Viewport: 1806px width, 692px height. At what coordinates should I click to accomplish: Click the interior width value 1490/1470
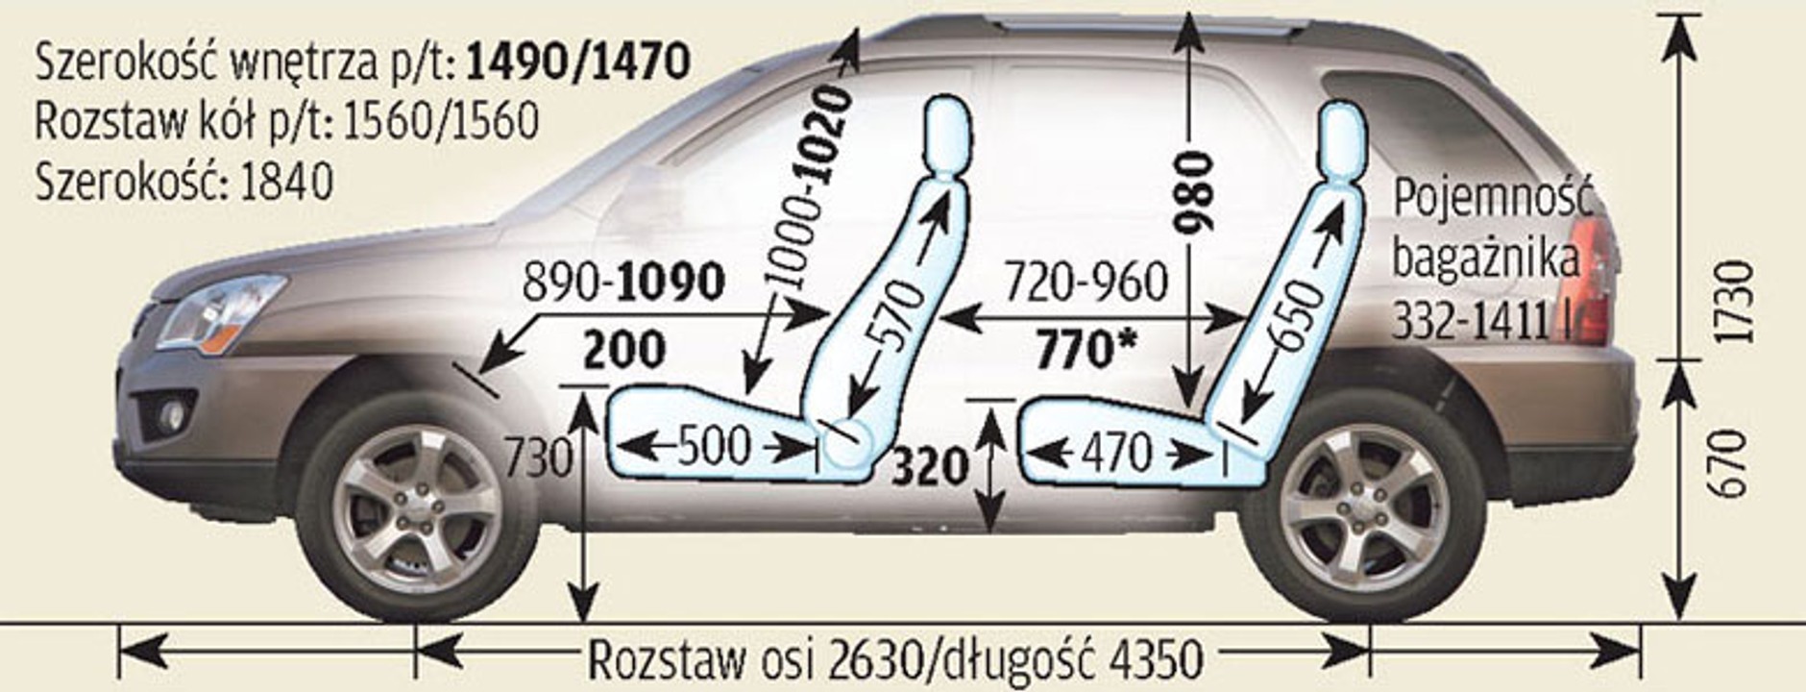(x=578, y=62)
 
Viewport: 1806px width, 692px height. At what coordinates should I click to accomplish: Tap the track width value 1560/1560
(x=440, y=122)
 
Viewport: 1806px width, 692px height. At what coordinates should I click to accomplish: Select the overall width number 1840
(x=287, y=182)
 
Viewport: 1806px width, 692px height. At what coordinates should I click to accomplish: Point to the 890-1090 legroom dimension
(x=623, y=283)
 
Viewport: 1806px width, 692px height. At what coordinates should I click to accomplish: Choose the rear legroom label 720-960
(x=1086, y=283)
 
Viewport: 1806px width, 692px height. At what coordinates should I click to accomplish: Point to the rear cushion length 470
(x=1115, y=452)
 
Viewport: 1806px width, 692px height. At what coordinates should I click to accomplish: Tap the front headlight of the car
(x=223, y=310)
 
